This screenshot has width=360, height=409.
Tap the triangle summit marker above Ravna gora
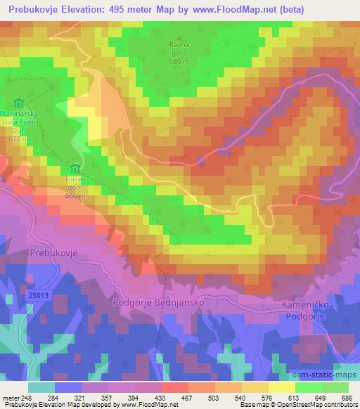point(180,39)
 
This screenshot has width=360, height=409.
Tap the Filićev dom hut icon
point(75,169)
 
